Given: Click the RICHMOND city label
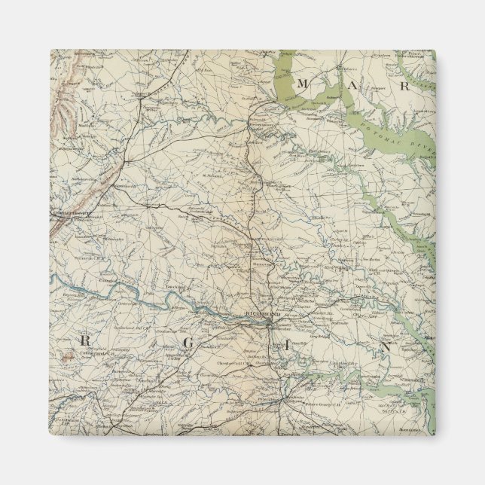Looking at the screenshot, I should [264, 313].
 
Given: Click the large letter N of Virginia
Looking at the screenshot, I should [385, 347].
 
